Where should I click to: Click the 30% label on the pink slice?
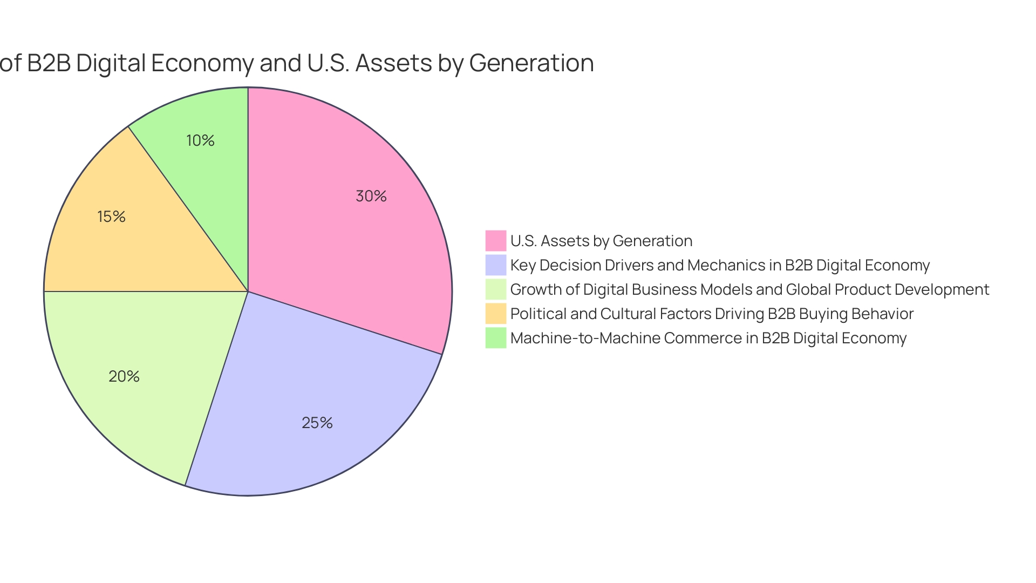point(371,196)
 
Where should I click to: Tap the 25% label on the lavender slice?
point(317,423)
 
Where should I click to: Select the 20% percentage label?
point(124,376)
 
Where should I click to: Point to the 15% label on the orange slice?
point(111,216)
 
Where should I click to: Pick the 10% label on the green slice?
point(200,140)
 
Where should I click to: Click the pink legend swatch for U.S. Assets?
point(496,241)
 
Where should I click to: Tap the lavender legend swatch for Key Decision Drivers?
point(496,265)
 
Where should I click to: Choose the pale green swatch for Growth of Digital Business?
point(496,289)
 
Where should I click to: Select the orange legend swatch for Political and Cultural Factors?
point(496,314)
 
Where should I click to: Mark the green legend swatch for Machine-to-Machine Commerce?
point(496,338)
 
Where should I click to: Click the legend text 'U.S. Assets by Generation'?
point(601,241)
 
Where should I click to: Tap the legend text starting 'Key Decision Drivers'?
point(720,265)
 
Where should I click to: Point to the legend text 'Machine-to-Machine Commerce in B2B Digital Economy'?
point(708,338)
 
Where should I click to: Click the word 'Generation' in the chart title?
point(531,63)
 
